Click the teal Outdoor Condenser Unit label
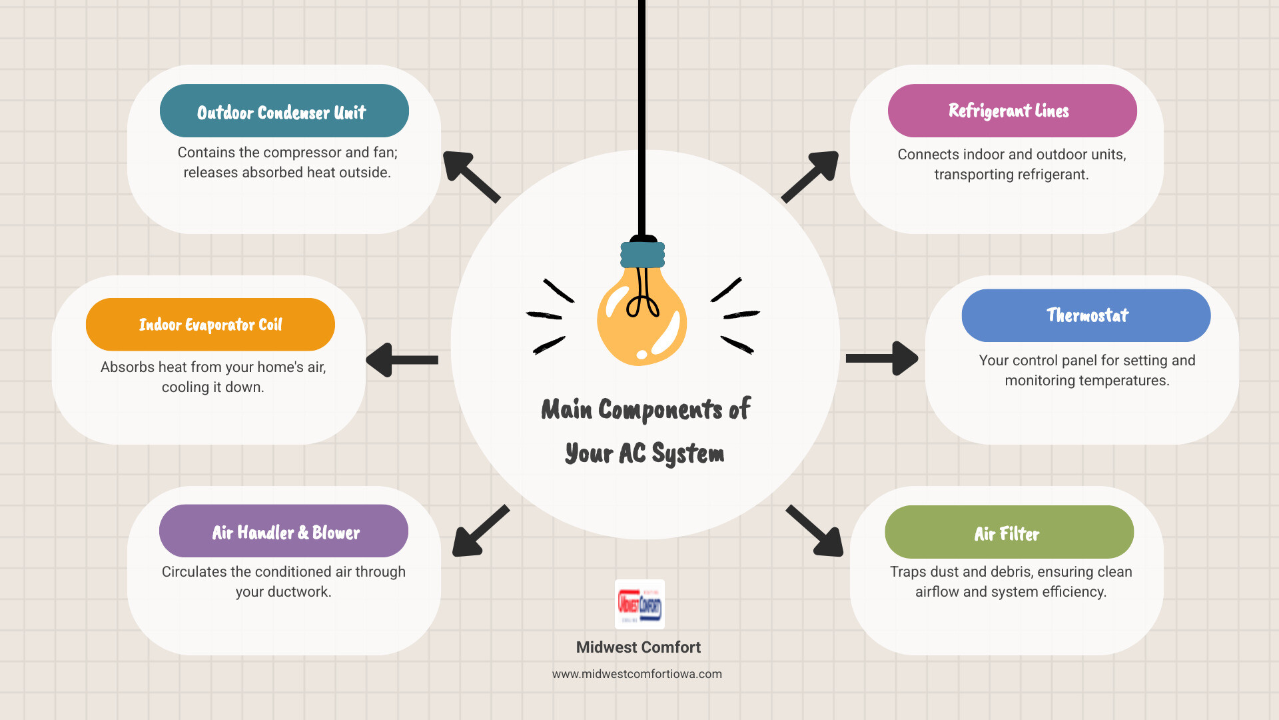click(284, 111)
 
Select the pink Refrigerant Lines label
click(1012, 111)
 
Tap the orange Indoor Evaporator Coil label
click(211, 325)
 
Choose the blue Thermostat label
click(1086, 315)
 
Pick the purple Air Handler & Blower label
click(284, 531)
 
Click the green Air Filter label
click(1009, 532)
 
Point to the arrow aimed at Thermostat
click(881, 359)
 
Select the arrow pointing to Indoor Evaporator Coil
click(402, 360)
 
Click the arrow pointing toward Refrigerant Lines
click(809, 176)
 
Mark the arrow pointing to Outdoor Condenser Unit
click(471, 177)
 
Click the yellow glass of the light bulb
click(641, 320)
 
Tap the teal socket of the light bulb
click(642, 255)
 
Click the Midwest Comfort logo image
click(639, 604)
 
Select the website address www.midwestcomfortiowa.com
click(637, 674)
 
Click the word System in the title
click(687, 454)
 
